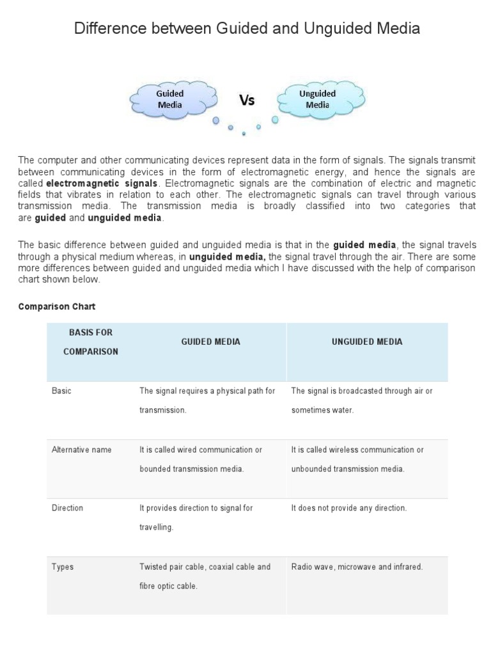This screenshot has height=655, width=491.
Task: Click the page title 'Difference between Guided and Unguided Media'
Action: pyautogui.click(x=247, y=29)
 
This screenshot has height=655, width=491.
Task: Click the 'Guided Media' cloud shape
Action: pyautogui.click(x=169, y=100)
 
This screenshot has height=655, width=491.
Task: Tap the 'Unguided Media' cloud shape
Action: pyautogui.click(x=318, y=100)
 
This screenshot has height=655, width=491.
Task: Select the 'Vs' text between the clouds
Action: pyautogui.click(x=247, y=100)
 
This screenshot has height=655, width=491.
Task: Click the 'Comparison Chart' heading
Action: pyautogui.click(x=57, y=307)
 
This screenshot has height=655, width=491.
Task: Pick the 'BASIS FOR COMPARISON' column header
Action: pyautogui.click(x=91, y=342)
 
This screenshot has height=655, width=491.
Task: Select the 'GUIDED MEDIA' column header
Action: pyautogui.click(x=210, y=342)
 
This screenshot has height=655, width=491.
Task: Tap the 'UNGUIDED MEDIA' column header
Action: pyautogui.click(x=367, y=342)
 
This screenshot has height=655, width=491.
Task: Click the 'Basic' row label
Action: pyautogui.click(x=61, y=391)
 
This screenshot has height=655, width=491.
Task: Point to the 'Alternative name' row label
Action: pyautogui.click(x=81, y=450)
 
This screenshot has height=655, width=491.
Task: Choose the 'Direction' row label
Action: pyautogui.click(x=67, y=508)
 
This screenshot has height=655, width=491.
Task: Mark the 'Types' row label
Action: pyautogui.click(x=62, y=567)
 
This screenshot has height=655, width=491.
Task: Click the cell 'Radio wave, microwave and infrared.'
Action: pyautogui.click(x=357, y=567)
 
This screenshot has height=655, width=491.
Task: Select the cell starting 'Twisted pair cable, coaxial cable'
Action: pyautogui.click(x=205, y=576)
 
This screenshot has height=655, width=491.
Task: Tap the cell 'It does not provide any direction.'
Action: pyautogui.click(x=349, y=508)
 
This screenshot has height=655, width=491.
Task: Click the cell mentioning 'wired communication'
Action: pyautogui.click(x=201, y=459)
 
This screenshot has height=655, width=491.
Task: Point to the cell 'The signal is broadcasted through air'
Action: pyautogui.click(x=361, y=400)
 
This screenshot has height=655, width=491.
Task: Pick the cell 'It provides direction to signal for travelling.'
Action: pyautogui.click(x=196, y=517)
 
